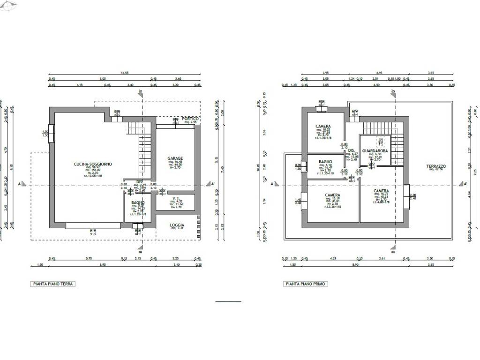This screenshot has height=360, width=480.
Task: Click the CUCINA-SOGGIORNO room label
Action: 93,164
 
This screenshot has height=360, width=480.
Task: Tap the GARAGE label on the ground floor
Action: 175,158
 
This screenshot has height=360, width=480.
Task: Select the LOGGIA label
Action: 177,225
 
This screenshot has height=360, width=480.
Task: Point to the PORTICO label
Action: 190,119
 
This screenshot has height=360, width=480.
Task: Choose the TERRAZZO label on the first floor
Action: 436,166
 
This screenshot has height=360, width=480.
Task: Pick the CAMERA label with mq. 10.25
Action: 323,127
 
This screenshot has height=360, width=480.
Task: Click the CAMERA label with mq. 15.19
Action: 332,195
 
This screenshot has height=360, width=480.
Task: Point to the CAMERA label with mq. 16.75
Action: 381,191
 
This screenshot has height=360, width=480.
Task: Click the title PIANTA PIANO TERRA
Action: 53,284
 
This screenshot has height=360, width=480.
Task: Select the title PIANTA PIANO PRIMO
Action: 306,284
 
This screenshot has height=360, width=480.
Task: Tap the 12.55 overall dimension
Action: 124,73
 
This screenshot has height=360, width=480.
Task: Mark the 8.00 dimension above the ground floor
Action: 103,79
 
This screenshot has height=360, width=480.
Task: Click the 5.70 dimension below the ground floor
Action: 89,258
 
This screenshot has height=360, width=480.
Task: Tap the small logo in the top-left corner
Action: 9,6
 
